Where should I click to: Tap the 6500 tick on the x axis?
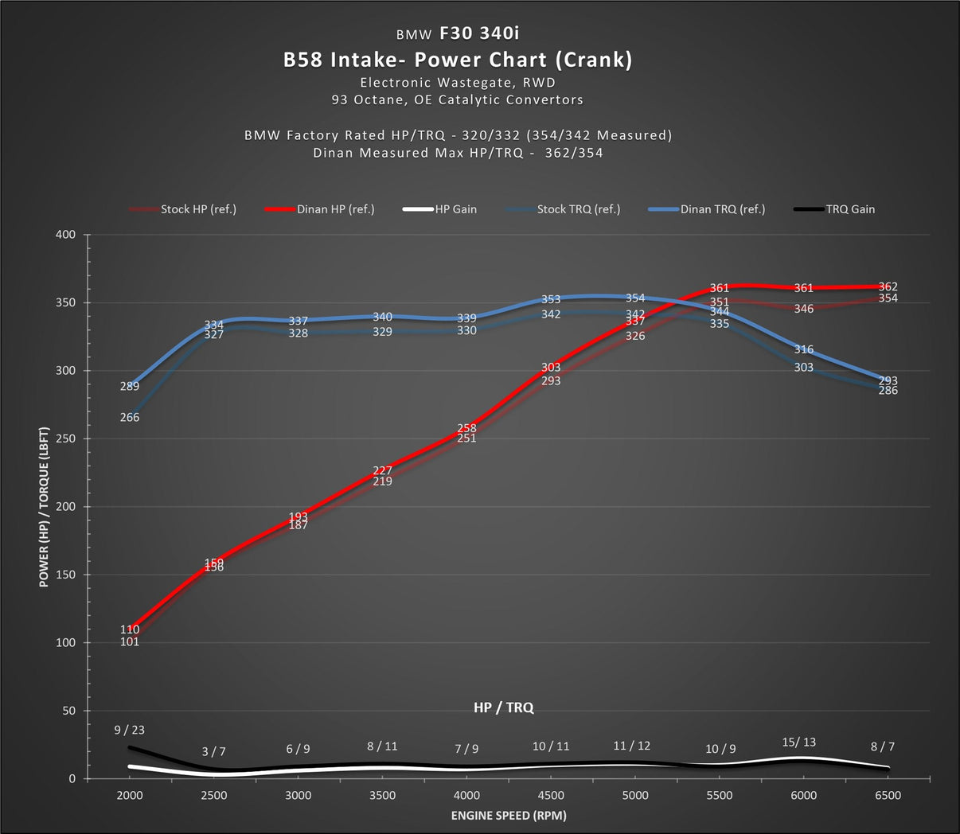[888, 795]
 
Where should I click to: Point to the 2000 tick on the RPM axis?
[130, 795]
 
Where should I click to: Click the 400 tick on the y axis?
[66, 235]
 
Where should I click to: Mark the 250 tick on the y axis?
[66, 438]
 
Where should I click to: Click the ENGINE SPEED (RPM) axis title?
[509, 815]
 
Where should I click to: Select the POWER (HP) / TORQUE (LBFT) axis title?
[45, 507]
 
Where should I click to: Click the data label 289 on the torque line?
[130, 387]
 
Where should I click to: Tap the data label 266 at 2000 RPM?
[130, 417]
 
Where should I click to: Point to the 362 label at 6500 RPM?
[888, 287]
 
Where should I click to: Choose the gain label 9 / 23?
[130, 730]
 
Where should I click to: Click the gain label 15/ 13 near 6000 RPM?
[799, 742]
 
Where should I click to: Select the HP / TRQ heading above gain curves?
[503, 707]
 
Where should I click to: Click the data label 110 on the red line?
[130, 629]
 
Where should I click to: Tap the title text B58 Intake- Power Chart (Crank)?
[458, 60]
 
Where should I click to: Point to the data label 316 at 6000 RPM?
[804, 350]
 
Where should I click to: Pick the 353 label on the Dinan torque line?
[551, 300]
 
